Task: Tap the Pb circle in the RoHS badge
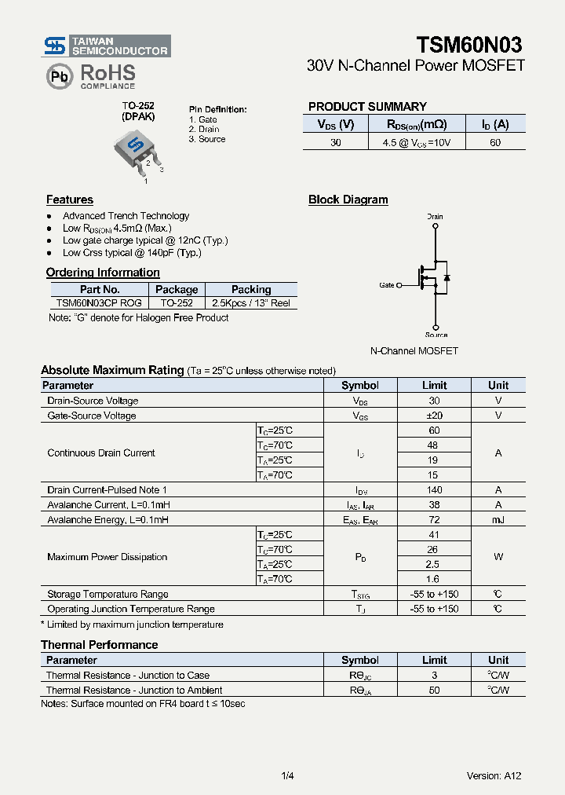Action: pyautogui.click(x=59, y=76)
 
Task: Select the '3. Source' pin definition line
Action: pyautogui.click(x=207, y=139)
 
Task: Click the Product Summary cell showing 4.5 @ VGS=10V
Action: pyautogui.click(x=414, y=143)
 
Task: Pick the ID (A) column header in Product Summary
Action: pyautogui.click(x=494, y=124)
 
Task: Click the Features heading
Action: pyautogui.click(x=69, y=200)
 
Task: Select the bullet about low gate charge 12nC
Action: pyautogui.click(x=145, y=240)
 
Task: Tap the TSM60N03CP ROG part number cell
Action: pyautogui.click(x=99, y=302)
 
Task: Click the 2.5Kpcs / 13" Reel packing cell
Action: pyautogui.click(x=251, y=302)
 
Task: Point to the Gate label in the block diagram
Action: pyautogui.click(x=387, y=285)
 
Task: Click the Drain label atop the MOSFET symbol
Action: pyautogui.click(x=435, y=216)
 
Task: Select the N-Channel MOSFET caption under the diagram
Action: pyautogui.click(x=414, y=351)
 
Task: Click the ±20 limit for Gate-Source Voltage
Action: pyautogui.click(x=434, y=416)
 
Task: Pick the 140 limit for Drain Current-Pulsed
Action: pyautogui.click(x=434, y=490)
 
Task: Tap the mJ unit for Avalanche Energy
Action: pyautogui.click(x=498, y=520)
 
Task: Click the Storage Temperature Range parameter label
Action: pyautogui.click(x=108, y=595)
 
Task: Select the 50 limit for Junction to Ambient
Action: pyautogui.click(x=434, y=691)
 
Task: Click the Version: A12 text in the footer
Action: pyautogui.click(x=494, y=776)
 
